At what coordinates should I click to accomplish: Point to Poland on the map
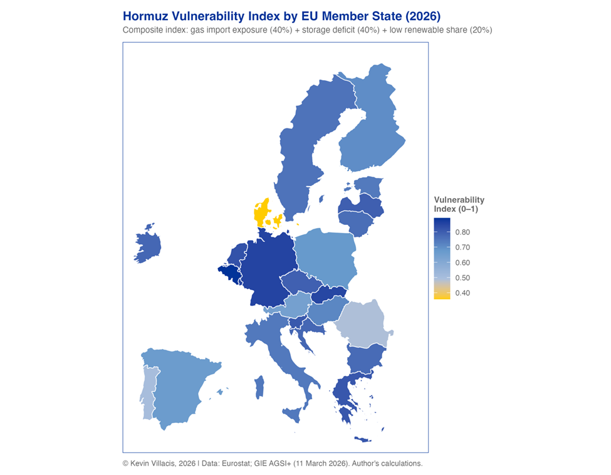coord(325,255)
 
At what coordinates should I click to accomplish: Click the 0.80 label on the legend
coord(462,232)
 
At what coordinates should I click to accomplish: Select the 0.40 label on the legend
coord(462,293)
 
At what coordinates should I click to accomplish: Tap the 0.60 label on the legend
coord(462,263)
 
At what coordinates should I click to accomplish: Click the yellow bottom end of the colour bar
coord(442,295)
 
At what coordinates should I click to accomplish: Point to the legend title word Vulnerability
coord(459,200)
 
